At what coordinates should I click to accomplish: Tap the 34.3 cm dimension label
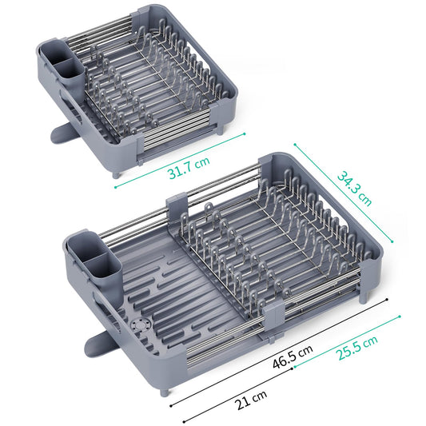tap(354, 188)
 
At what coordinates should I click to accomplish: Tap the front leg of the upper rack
tap(117, 171)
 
